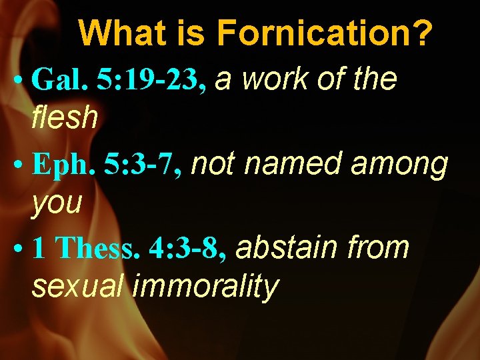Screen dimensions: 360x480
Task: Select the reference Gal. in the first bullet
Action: (60, 81)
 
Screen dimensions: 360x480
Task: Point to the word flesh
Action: (65, 119)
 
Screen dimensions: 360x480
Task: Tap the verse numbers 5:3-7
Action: (143, 165)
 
